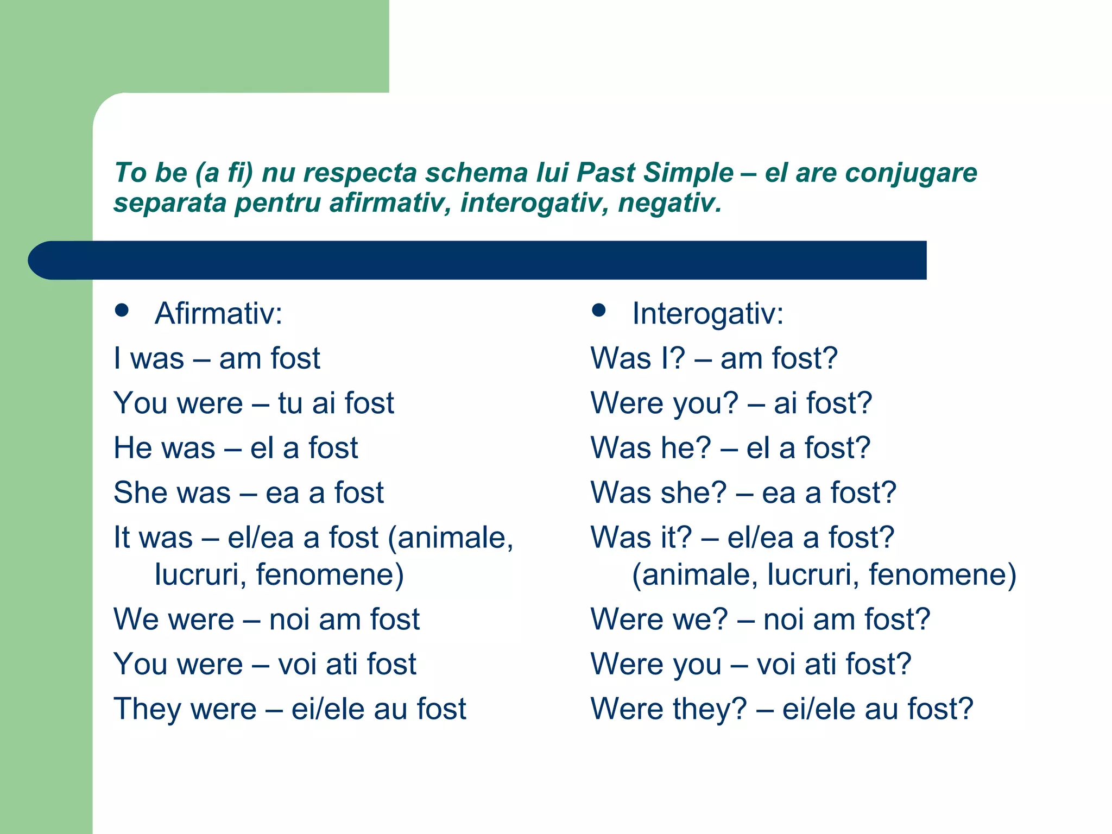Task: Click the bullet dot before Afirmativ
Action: click(122, 310)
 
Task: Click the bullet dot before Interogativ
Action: click(598, 310)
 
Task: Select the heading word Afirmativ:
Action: click(218, 314)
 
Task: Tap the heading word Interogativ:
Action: click(707, 314)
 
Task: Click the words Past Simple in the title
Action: click(655, 173)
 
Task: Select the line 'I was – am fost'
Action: click(217, 358)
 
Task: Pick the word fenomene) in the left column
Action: click(330, 574)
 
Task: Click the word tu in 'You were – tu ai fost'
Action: click(290, 403)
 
